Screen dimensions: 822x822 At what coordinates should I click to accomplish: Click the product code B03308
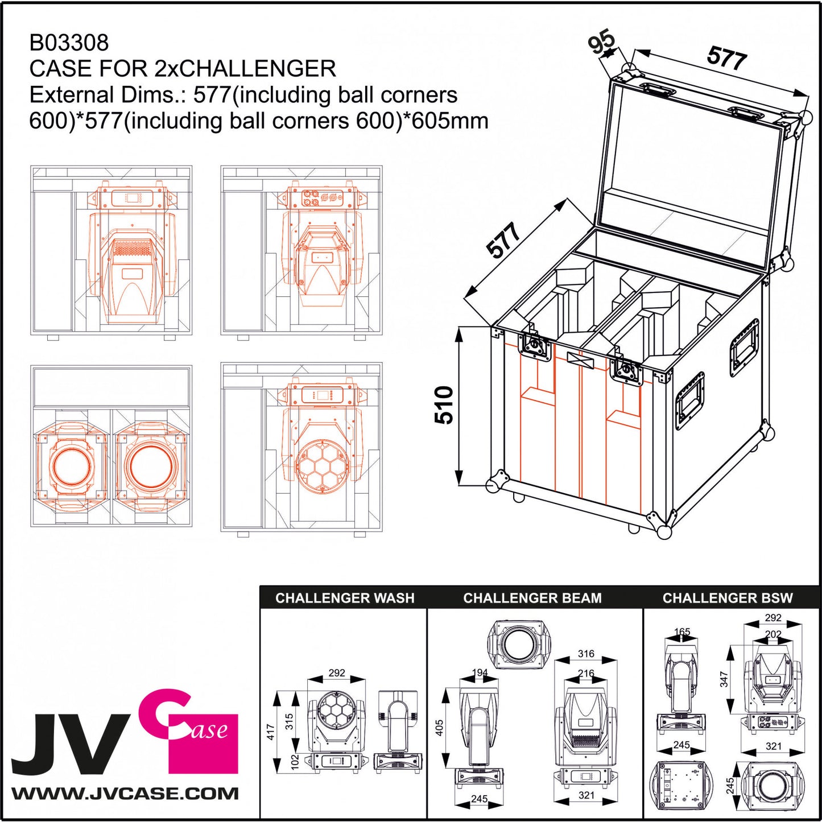click(69, 43)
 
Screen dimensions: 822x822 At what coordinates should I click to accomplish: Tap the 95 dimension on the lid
click(601, 42)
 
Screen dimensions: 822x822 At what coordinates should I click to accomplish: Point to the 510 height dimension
click(444, 405)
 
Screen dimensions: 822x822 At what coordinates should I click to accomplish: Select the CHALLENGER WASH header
click(345, 598)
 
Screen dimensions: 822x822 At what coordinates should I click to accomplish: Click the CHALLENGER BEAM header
click(532, 598)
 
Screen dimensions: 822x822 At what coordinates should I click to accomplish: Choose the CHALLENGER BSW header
click(727, 598)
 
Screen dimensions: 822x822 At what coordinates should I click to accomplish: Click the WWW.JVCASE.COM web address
click(125, 794)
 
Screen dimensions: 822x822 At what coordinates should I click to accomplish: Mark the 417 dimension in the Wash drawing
click(271, 732)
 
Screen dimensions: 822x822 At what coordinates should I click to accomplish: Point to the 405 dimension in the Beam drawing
click(439, 728)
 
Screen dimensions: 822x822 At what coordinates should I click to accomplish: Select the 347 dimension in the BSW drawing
click(724, 679)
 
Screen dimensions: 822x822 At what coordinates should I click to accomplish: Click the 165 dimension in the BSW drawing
click(681, 632)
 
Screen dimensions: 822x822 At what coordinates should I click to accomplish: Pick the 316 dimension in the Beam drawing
click(586, 654)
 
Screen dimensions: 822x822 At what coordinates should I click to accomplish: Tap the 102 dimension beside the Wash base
click(295, 762)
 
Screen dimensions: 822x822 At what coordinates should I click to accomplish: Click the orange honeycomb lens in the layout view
click(321, 465)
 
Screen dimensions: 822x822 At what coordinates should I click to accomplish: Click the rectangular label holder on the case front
click(580, 361)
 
